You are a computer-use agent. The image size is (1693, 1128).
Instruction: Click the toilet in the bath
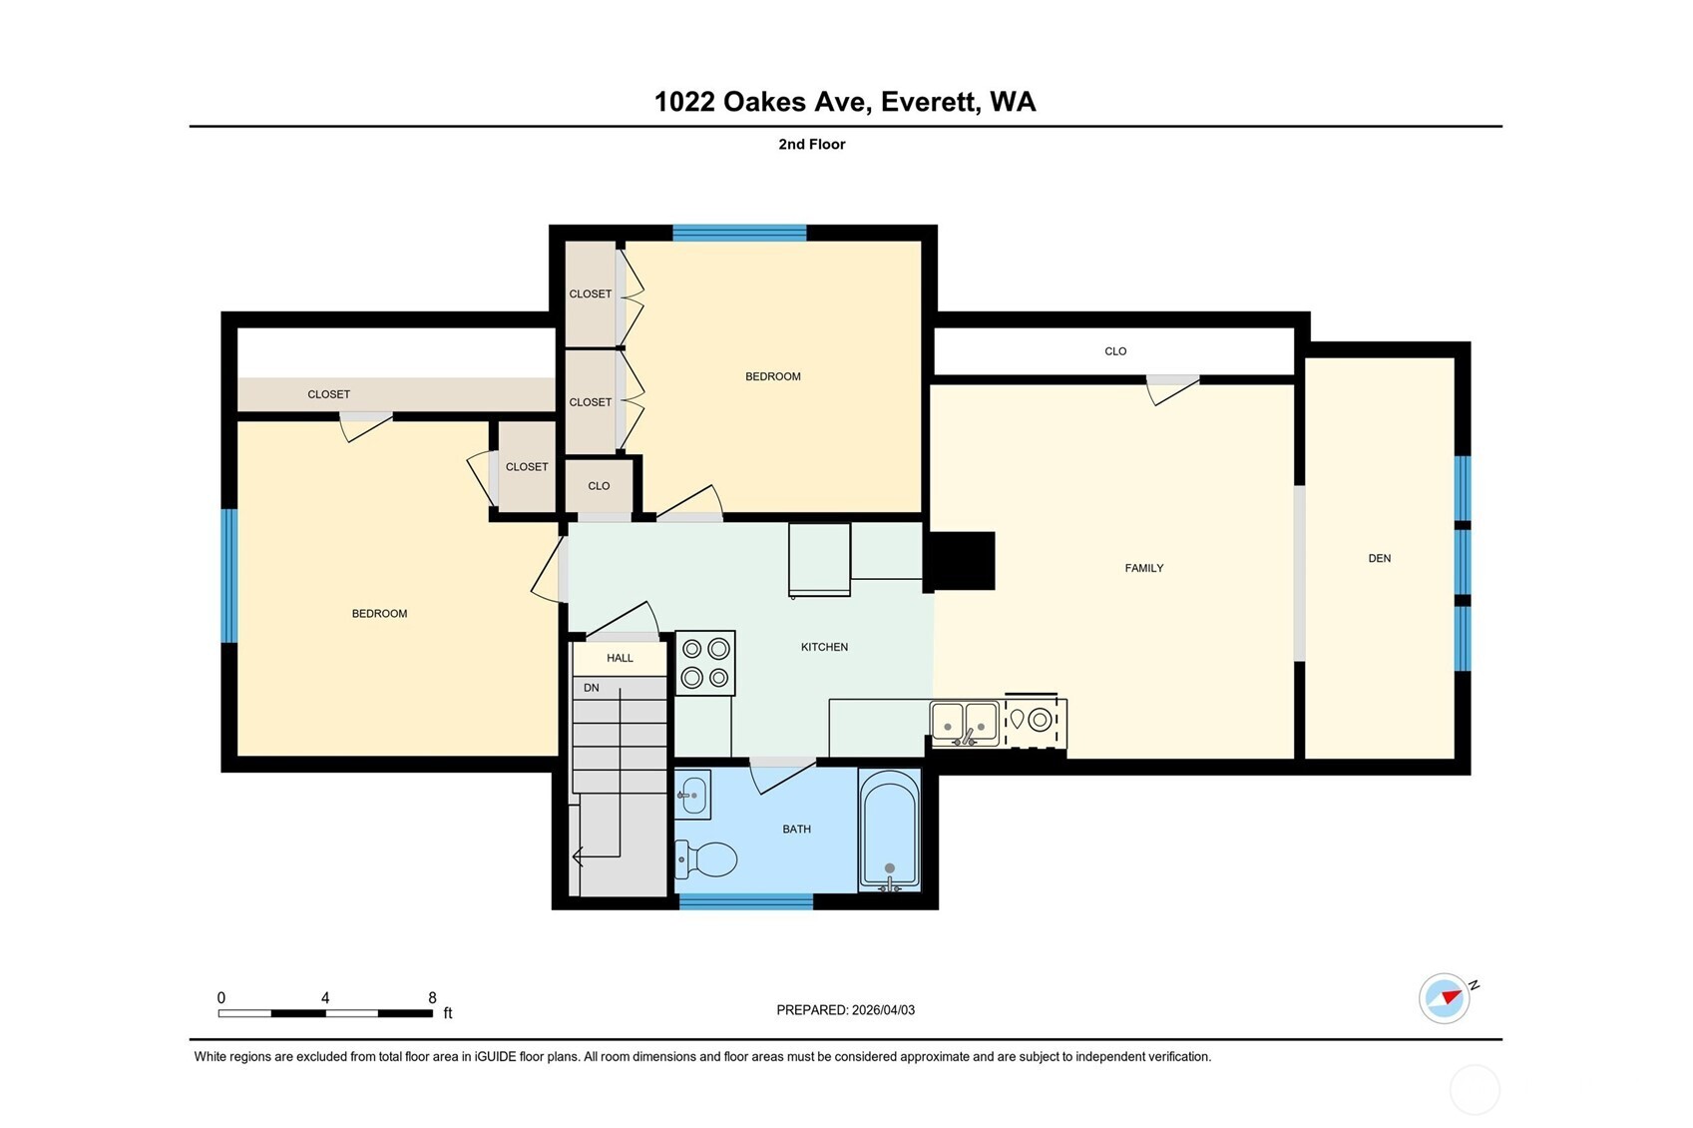[x=708, y=858]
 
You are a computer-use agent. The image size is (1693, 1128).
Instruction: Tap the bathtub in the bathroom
[x=889, y=831]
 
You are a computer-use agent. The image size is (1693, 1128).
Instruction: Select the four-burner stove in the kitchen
[x=705, y=663]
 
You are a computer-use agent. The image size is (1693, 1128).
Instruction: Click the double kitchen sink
[x=964, y=723]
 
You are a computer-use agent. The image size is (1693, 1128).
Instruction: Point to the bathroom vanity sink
[x=693, y=795]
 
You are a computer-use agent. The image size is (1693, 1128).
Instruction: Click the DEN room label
[x=1379, y=558]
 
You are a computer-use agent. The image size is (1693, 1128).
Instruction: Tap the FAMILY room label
[x=1143, y=568]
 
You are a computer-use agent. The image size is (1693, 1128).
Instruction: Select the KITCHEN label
[x=824, y=647]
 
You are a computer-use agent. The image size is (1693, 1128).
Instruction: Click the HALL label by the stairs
[x=620, y=658]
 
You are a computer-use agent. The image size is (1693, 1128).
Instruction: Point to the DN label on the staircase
[x=591, y=688]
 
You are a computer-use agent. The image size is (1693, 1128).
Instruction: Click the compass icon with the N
[x=1445, y=997]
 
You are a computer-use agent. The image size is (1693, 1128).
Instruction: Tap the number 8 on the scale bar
[x=432, y=997]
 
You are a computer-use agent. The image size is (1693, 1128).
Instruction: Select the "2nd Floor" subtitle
[x=811, y=144]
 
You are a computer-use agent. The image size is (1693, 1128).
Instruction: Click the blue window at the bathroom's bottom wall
[x=746, y=901]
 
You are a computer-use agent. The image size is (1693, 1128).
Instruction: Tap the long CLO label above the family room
[x=1115, y=351]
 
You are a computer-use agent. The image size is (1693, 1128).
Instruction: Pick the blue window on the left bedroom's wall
[x=228, y=575]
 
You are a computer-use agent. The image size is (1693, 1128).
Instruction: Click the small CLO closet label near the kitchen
[x=599, y=486]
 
